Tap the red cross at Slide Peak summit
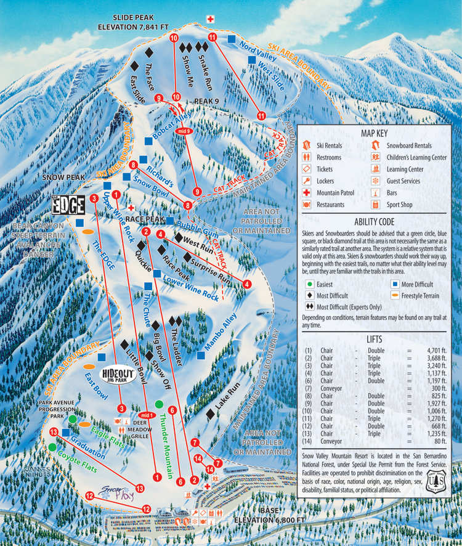click(x=210, y=19)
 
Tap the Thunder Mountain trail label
click(x=164, y=434)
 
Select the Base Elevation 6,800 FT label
click(x=269, y=516)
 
